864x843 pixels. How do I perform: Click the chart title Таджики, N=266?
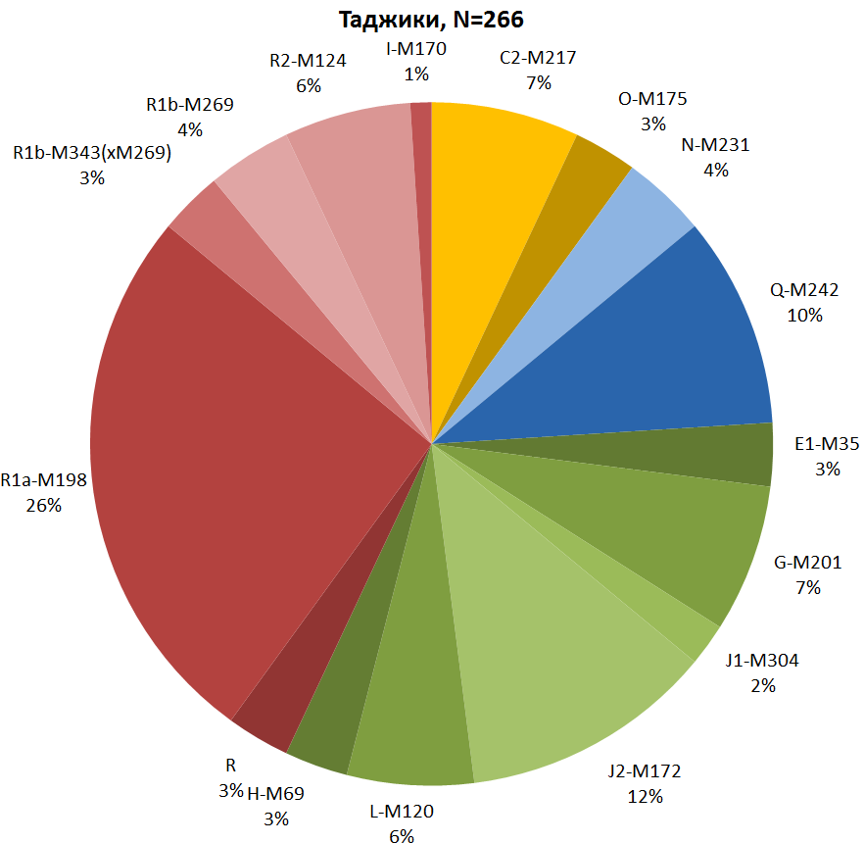coord(431,20)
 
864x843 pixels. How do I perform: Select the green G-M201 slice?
coord(676,539)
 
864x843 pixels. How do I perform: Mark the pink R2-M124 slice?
coord(362,216)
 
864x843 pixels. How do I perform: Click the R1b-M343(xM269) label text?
coord(92,154)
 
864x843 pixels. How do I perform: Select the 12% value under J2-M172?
coord(645,796)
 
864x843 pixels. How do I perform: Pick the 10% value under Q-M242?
coord(804,315)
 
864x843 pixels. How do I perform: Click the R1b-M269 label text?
coord(190,105)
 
